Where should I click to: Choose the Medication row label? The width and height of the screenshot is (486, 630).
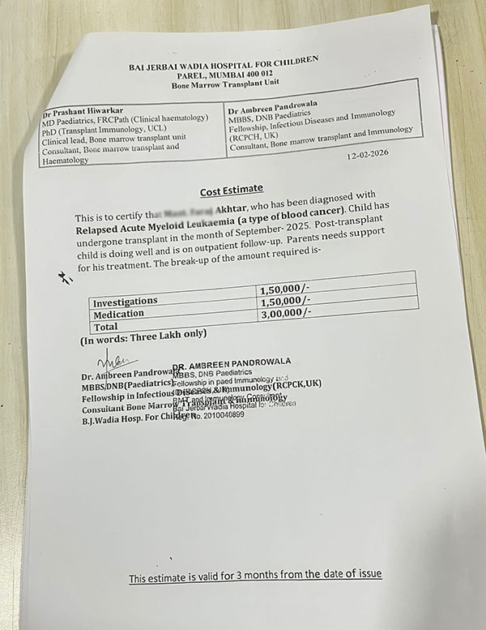click(x=119, y=314)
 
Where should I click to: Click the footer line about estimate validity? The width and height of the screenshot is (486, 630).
click(x=254, y=576)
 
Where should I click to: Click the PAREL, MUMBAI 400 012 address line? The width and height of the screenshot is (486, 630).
click(x=220, y=72)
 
